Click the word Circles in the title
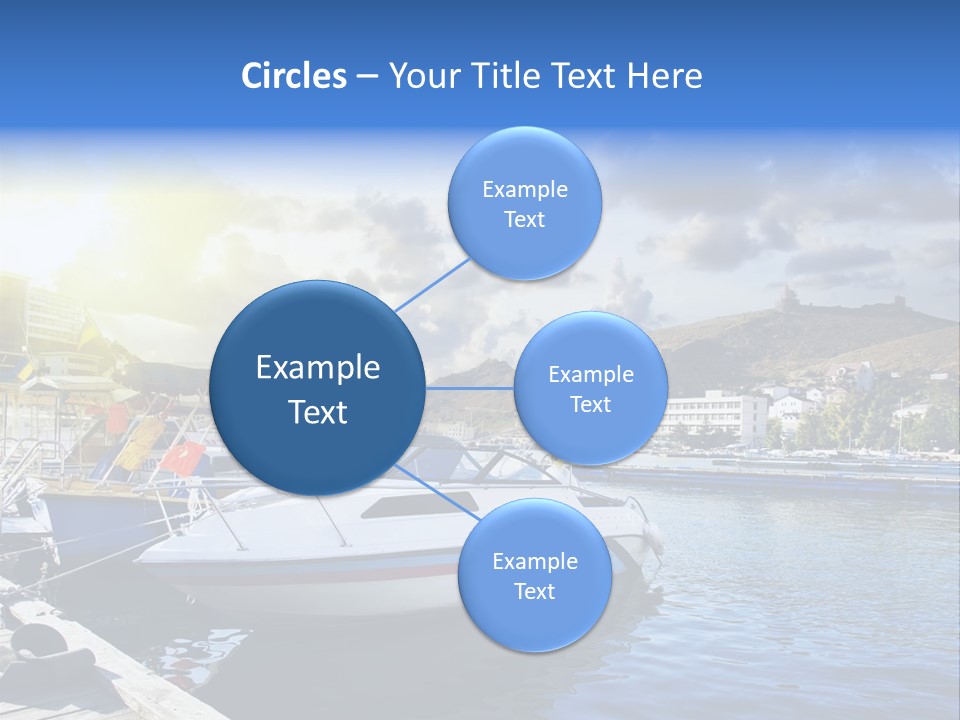click(x=294, y=76)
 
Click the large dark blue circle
click(x=318, y=388)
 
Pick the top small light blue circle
click(x=525, y=203)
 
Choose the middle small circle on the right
click(x=591, y=388)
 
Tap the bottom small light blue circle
click(x=534, y=575)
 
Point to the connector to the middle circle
click(x=470, y=387)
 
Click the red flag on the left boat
click(x=182, y=457)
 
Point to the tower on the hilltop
click(x=790, y=297)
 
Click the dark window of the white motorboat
click(x=420, y=503)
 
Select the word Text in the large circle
click(x=318, y=412)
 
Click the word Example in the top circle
click(x=525, y=189)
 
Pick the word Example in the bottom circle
click(x=534, y=561)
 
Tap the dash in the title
click(x=367, y=77)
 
